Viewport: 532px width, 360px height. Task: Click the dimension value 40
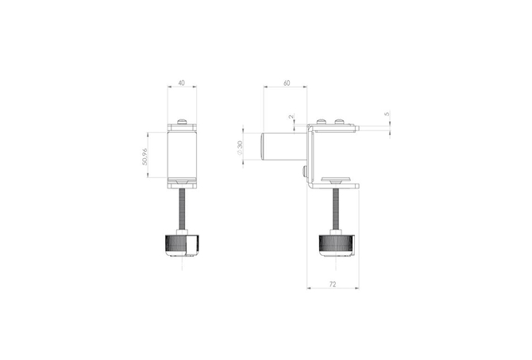click(x=182, y=83)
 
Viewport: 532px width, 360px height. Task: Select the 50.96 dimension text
click(x=145, y=157)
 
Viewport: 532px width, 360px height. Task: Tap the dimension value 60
click(x=287, y=83)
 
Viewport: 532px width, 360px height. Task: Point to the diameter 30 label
click(x=240, y=148)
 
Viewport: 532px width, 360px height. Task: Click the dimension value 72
click(x=333, y=284)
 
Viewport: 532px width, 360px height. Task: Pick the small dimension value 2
click(x=291, y=117)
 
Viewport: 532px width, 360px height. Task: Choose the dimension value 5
click(x=387, y=114)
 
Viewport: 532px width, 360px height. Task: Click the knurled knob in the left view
click(x=182, y=244)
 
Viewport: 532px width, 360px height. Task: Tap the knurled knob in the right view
click(x=336, y=245)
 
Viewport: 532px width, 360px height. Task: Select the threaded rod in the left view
click(x=182, y=209)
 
